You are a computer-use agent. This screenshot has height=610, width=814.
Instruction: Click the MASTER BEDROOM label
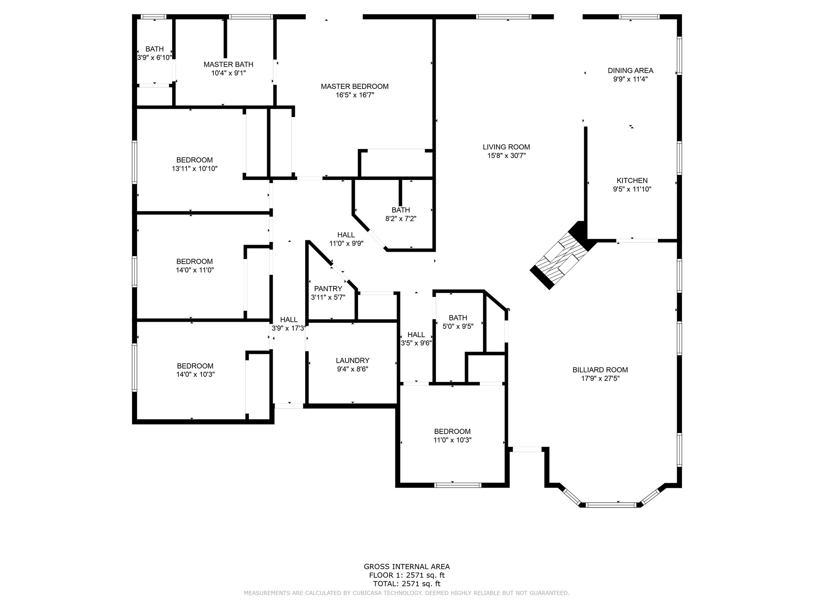[x=355, y=86]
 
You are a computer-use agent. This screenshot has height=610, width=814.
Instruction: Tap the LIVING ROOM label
[x=506, y=147]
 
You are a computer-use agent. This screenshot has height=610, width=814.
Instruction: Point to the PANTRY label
[x=328, y=289]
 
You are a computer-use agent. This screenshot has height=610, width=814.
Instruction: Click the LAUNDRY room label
[x=353, y=361]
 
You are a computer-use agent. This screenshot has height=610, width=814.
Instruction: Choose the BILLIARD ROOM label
[x=600, y=370]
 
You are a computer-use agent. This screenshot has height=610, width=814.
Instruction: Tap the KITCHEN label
[x=632, y=181]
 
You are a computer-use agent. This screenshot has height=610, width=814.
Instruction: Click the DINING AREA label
[x=630, y=71]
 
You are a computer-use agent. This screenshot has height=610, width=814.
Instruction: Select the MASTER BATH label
[x=228, y=64]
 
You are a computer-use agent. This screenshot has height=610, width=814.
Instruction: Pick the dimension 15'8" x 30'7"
[x=506, y=156]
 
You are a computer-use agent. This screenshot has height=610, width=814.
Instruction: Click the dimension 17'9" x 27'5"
[x=600, y=378]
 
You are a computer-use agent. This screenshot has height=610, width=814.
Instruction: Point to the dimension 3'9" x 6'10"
[x=154, y=58]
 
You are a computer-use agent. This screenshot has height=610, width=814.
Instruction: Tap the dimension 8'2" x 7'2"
[x=401, y=218]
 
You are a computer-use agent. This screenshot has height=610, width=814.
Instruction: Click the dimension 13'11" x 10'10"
[x=195, y=168]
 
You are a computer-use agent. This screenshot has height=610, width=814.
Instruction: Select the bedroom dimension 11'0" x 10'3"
[x=452, y=440]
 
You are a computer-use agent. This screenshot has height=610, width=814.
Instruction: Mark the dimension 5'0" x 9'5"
[x=458, y=326]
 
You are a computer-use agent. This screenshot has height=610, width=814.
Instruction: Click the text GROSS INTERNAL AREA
[x=407, y=567]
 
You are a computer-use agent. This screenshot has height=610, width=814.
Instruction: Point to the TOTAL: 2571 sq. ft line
[x=407, y=584]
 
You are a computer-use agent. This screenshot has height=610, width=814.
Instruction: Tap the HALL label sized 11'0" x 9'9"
[x=346, y=235]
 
